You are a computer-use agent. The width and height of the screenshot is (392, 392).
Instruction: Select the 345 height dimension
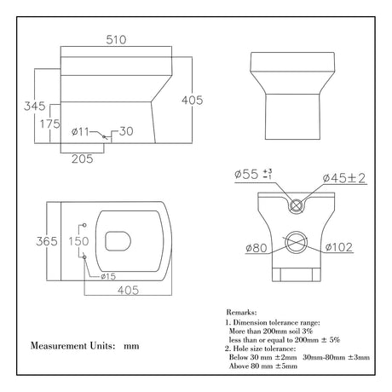pyautogui.click(x=33, y=107)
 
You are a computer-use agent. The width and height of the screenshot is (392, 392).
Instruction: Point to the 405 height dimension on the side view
pyautogui.click(x=193, y=101)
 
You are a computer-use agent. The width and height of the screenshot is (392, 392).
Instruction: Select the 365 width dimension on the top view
pyautogui.click(x=36, y=241)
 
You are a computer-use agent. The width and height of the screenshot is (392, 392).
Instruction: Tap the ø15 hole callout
pyautogui.click(x=107, y=275)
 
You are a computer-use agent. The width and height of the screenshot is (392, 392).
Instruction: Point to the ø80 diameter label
pyautogui.click(x=256, y=248)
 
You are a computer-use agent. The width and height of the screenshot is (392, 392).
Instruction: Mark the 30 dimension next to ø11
pyautogui.click(x=125, y=130)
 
